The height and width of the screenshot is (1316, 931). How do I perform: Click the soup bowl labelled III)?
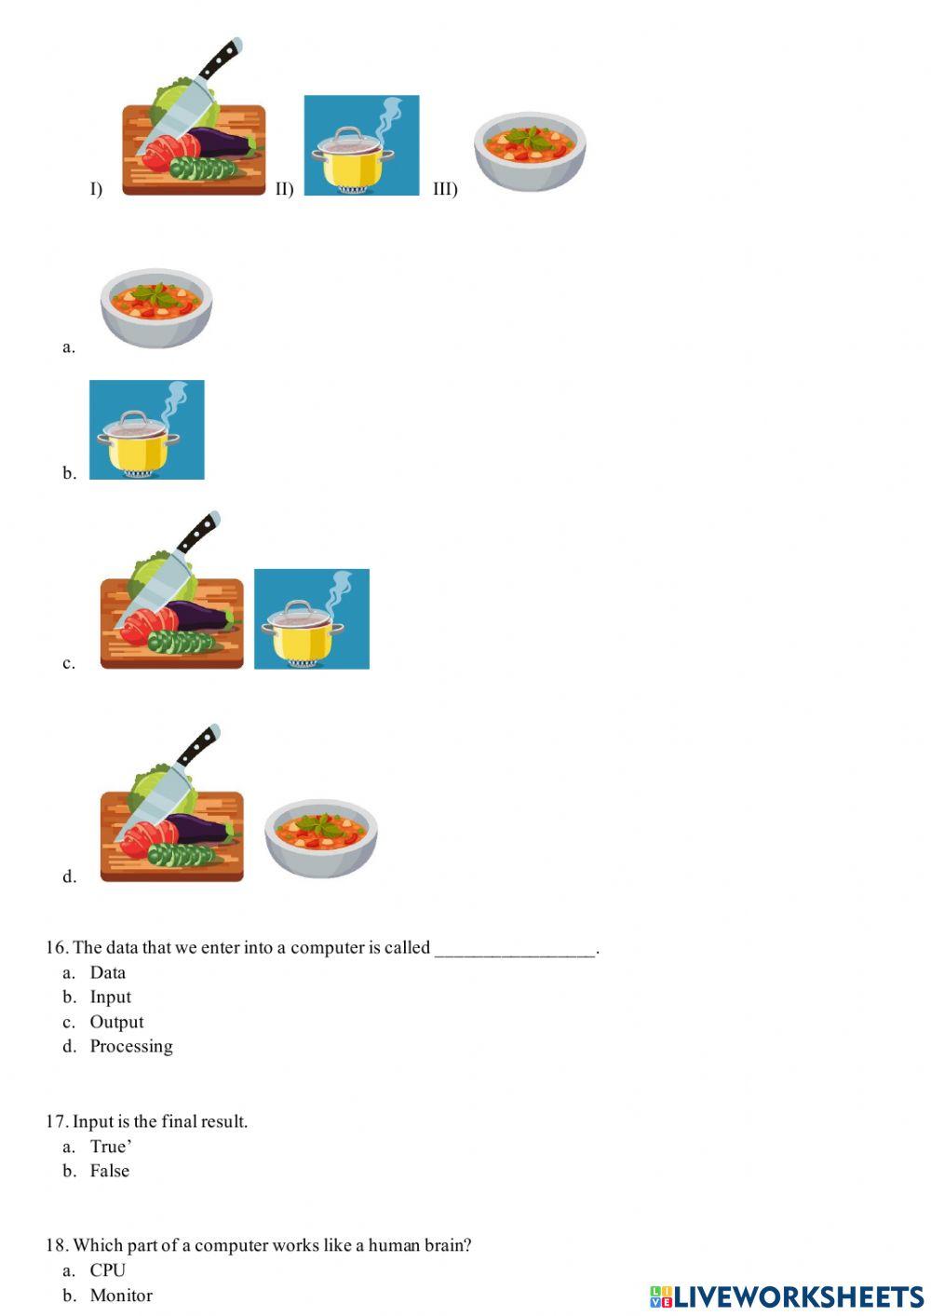tap(530, 151)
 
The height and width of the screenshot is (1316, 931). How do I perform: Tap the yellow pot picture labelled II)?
tap(361, 145)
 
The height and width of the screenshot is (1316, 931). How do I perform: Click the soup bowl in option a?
tap(156, 307)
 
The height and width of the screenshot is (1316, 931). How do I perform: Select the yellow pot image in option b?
tap(146, 430)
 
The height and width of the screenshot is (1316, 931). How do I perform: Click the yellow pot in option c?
tap(311, 619)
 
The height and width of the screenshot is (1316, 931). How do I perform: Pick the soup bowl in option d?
tap(320, 837)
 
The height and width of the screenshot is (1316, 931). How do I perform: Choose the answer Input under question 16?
tap(110, 997)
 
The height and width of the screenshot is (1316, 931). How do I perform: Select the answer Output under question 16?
tap(116, 1023)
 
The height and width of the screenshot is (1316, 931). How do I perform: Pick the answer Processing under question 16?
tap(131, 1047)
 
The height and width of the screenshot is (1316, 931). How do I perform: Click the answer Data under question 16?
tap(107, 973)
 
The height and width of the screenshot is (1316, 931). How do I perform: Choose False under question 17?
tap(109, 1172)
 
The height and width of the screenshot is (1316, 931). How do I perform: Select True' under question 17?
tap(110, 1146)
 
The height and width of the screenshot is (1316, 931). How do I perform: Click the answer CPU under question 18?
tap(107, 1270)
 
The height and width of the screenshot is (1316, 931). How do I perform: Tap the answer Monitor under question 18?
tap(121, 1296)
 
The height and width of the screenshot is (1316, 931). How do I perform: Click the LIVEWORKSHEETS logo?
tap(787, 1296)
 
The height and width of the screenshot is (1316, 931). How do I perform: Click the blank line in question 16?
tap(514, 949)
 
